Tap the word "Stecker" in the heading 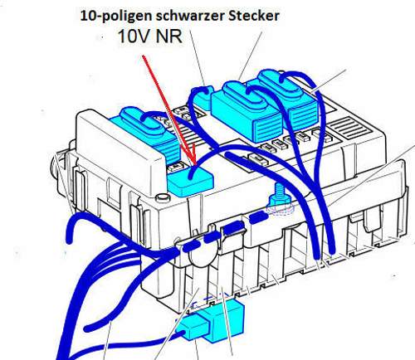coord(254,16)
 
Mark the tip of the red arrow coord(194,165)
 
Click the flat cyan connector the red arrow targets coord(191,180)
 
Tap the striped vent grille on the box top coord(351,128)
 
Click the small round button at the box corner coord(163,197)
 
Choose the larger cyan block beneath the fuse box coord(222,319)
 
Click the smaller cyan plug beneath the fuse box coord(191,328)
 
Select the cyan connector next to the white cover coord(149,134)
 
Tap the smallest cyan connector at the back coord(204,98)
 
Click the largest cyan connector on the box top coord(247,110)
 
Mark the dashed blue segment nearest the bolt coord(259,217)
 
